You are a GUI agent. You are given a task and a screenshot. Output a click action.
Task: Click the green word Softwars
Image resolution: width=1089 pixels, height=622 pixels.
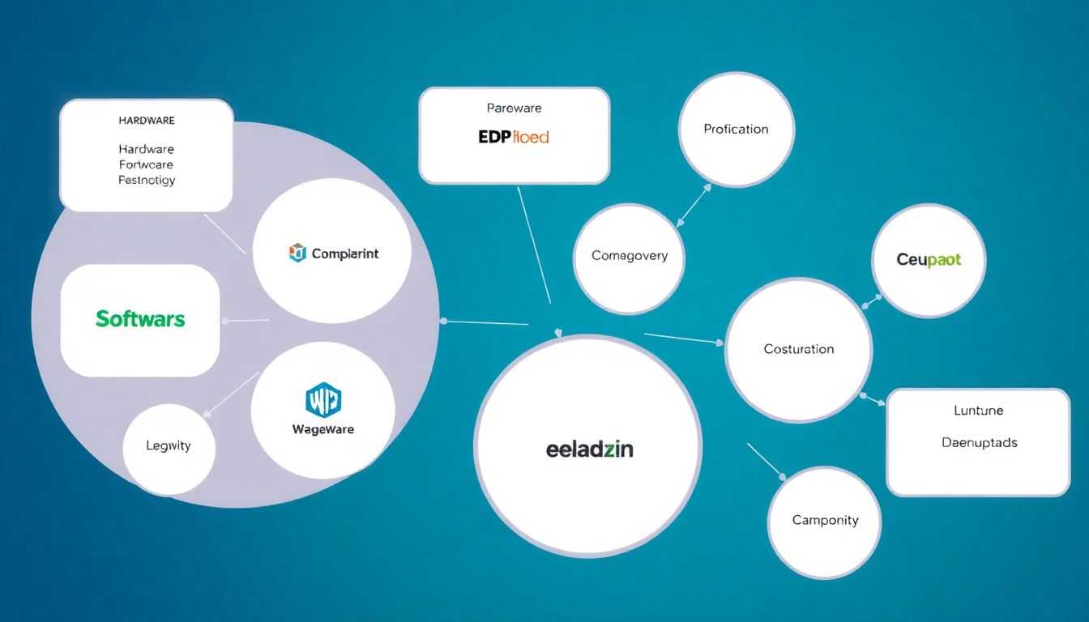pyautogui.click(x=140, y=319)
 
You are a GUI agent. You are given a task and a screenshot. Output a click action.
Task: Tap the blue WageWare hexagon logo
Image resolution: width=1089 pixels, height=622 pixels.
pyautogui.click(x=322, y=399)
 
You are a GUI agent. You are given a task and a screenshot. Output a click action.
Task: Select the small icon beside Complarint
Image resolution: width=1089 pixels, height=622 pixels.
pyautogui.click(x=298, y=253)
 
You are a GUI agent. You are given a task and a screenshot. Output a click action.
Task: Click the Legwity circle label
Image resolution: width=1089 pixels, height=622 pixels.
pyautogui.click(x=169, y=445)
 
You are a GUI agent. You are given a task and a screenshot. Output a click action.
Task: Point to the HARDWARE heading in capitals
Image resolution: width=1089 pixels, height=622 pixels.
pyautogui.click(x=147, y=121)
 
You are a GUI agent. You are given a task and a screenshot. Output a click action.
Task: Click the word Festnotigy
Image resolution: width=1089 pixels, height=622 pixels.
pyautogui.click(x=147, y=180)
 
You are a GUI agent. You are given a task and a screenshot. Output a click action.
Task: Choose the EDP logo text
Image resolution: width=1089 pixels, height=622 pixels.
pyautogui.click(x=514, y=137)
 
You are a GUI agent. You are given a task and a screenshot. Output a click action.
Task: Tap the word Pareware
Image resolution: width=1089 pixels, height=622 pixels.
pyautogui.click(x=514, y=108)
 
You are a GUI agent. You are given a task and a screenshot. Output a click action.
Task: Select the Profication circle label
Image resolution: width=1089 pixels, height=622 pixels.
pyautogui.click(x=736, y=129)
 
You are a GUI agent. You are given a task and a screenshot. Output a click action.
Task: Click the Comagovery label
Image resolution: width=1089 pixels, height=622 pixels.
pyautogui.click(x=630, y=256)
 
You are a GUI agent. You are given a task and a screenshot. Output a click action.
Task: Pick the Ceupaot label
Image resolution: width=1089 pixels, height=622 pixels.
pyautogui.click(x=929, y=260)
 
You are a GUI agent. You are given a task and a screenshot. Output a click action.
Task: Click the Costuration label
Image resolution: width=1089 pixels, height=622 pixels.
pyautogui.click(x=798, y=349)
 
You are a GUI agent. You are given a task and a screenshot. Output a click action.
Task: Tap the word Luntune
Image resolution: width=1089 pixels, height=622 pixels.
pyautogui.click(x=979, y=411)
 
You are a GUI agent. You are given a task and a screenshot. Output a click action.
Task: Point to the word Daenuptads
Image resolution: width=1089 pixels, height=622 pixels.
pyautogui.click(x=979, y=443)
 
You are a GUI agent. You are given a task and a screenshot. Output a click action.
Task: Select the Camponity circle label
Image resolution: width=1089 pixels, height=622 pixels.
pyautogui.click(x=825, y=521)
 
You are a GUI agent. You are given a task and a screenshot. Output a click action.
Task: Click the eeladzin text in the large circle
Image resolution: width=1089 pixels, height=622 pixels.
pyautogui.click(x=589, y=449)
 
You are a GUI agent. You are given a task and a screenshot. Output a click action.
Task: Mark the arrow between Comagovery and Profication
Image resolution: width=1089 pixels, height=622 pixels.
pyautogui.click(x=694, y=204)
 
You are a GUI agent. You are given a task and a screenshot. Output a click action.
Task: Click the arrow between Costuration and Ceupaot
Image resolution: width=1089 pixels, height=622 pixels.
pyautogui.click(x=871, y=302)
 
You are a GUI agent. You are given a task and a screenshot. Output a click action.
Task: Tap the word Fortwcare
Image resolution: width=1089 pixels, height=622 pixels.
pyautogui.click(x=147, y=164)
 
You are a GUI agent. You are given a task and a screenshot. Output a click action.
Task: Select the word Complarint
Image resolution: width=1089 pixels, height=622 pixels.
pyautogui.click(x=344, y=253)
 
